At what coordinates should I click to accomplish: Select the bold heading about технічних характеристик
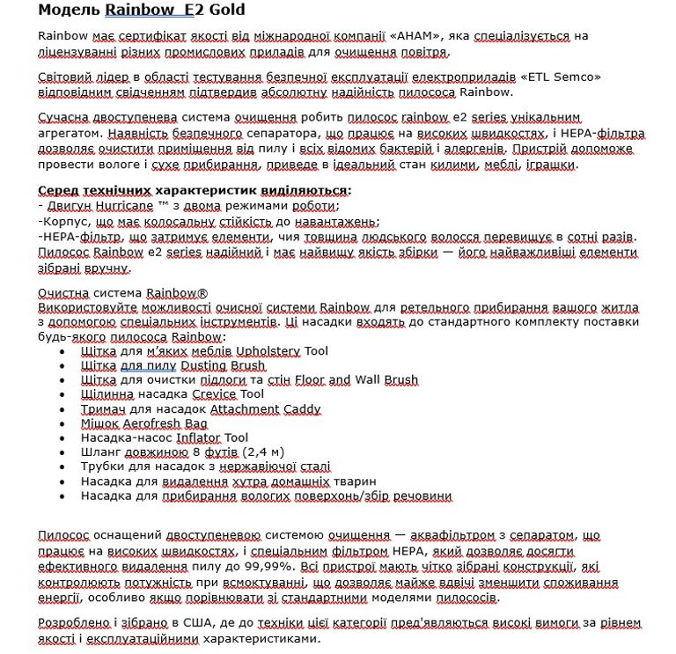click(194, 190)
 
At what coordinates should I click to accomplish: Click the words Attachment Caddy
click(265, 408)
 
